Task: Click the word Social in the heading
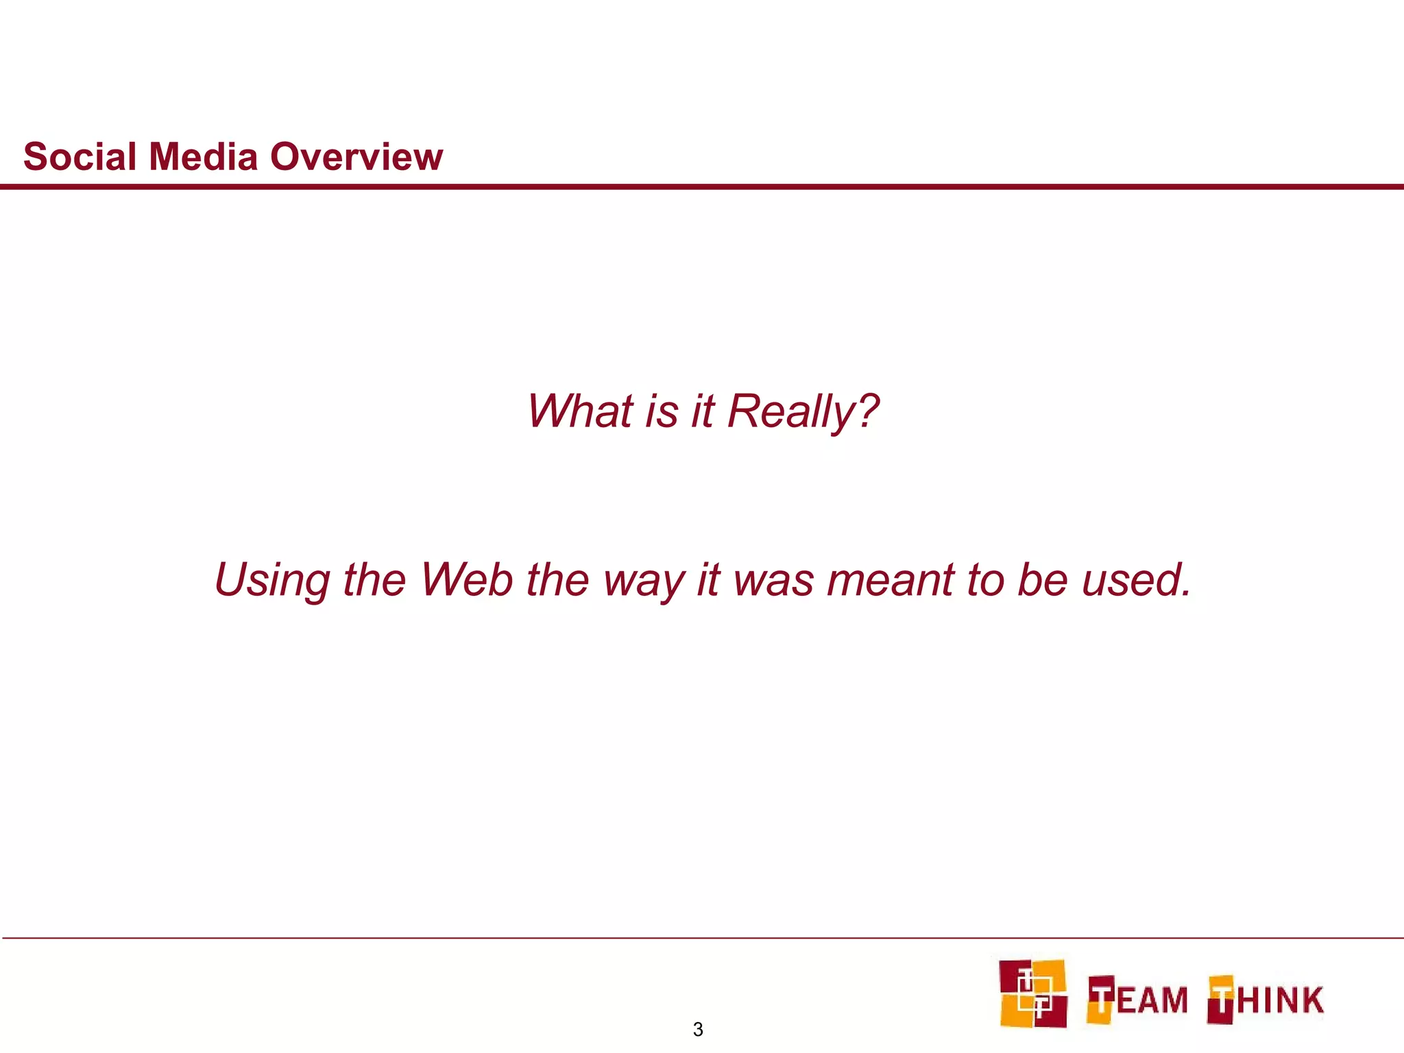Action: pyautogui.click(x=80, y=157)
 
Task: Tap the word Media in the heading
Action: pyautogui.click(x=203, y=157)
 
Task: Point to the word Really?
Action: pyautogui.click(x=803, y=413)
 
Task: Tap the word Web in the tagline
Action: pyautogui.click(x=466, y=580)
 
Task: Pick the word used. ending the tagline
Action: pyautogui.click(x=1136, y=580)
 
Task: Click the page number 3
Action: pyautogui.click(x=698, y=1029)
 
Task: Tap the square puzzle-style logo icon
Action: pyautogui.click(x=1032, y=993)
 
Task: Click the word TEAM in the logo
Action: pyautogui.click(x=1138, y=999)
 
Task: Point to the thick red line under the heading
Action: pyautogui.click(x=702, y=186)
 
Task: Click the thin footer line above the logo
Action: pyautogui.click(x=702, y=938)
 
